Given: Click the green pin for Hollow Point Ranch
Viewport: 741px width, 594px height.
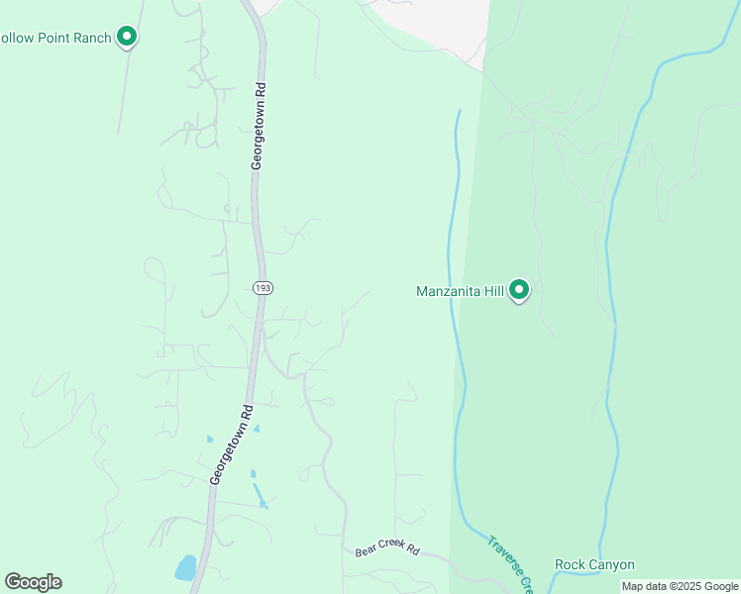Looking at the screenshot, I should pyautogui.click(x=126, y=38).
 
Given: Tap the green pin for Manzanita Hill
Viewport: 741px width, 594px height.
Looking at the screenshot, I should pyautogui.click(x=519, y=291).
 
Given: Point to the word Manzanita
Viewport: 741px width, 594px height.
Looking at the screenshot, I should pyautogui.click(x=448, y=291).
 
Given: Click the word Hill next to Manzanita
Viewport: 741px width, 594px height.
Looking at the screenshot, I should pyautogui.click(x=493, y=291).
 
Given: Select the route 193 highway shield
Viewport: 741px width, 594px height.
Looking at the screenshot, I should pyautogui.click(x=262, y=287).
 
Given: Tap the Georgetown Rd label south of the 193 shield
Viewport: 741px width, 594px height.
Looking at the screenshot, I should pyautogui.click(x=232, y=443).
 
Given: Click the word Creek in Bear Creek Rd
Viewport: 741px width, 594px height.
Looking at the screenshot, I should pyautogui.click(x=389, y=548).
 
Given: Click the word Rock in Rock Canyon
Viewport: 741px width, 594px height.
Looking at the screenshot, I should pyautogui.click(x=572, y=565).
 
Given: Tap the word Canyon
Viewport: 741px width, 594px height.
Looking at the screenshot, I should pyautogui.click(x=612, y=565).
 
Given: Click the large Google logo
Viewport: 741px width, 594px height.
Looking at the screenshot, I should pyautogui.click(x=33, y=581).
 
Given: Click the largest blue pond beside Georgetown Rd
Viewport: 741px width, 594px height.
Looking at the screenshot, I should pyautogui.click(x=185, y=567).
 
